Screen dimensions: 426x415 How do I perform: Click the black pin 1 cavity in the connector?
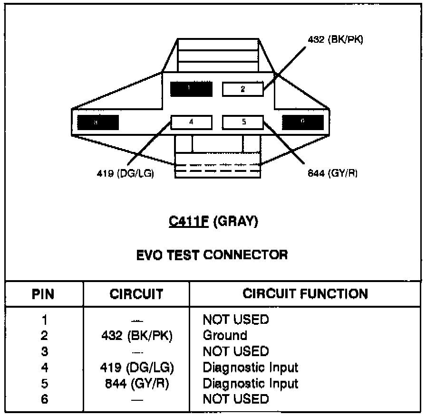tap(192, 89)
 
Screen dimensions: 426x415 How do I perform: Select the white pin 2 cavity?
tap(242, 89)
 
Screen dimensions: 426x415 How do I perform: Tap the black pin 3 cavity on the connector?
tap(98, 123)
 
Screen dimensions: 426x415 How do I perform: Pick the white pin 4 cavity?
tap(191, 122)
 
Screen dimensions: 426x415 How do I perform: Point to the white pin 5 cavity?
tap(243, 122)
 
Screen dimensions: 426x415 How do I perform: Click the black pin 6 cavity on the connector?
tap(303, 122)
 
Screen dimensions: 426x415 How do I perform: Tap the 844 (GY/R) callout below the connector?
tap(332, 173)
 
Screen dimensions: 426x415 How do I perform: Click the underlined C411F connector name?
tap(188, 222)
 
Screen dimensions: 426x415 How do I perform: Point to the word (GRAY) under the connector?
tap(235, 222)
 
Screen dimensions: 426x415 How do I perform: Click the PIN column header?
tap(43, 294)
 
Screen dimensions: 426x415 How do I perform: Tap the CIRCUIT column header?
tap(136, 294)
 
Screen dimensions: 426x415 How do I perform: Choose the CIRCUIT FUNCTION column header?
tap(305, 293)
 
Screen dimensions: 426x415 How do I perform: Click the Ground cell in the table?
tap(225, 335)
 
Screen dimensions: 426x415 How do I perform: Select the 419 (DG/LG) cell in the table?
tap(137, 367)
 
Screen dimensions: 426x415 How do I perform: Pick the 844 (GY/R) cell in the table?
tap(137, 383)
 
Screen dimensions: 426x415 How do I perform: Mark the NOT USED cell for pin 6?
tap(235, 399)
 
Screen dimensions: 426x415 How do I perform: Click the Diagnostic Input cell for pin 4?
tap(251, 367)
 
